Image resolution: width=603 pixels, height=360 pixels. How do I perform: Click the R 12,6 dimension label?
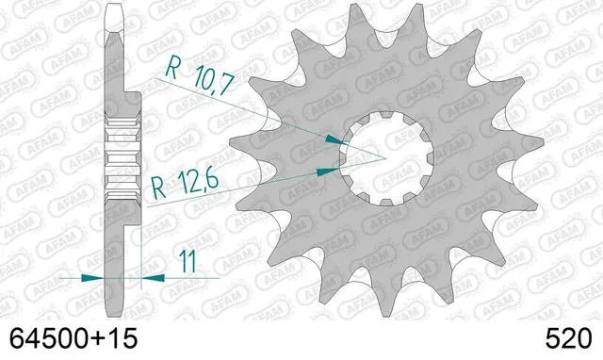(185, 186)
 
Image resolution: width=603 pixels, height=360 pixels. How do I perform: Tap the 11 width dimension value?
(188, 262)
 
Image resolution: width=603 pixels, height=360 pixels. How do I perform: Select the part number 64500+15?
(73, 339)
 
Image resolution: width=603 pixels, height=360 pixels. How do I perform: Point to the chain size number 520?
(568, 339)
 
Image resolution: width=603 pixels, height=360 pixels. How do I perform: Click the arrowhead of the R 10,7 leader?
(335, 140)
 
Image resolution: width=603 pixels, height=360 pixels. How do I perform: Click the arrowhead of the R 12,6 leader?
(328, 172)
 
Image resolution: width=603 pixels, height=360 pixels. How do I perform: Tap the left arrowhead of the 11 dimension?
(92, 278)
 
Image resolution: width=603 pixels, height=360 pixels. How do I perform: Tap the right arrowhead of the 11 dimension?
(153, 278)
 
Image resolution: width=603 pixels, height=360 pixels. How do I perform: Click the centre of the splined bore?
(386, 158)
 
